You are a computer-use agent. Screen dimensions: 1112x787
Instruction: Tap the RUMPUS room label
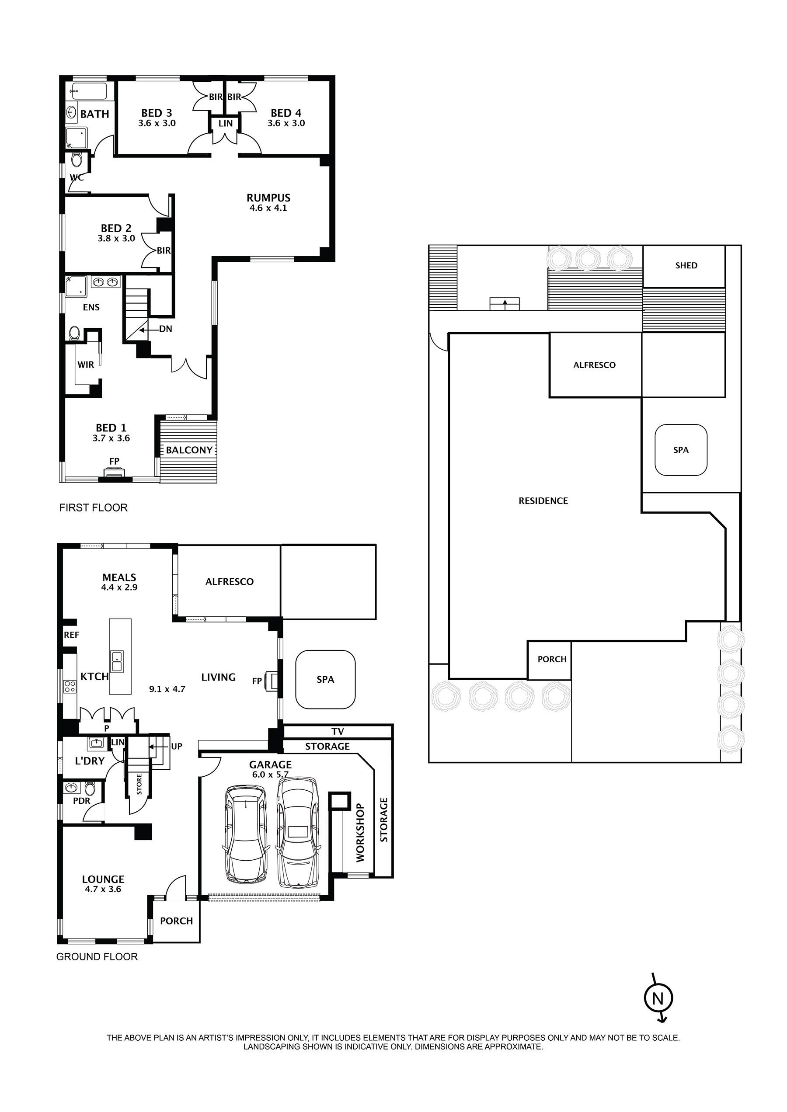268,198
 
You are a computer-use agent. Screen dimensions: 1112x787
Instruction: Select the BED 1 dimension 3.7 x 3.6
111,438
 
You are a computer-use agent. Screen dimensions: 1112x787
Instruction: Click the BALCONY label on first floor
189,450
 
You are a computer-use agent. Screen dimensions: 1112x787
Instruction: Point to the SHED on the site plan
686,265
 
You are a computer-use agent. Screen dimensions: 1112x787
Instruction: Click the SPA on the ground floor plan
325,679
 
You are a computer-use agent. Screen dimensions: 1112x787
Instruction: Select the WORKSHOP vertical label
360,832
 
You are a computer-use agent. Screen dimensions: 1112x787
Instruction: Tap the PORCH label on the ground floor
176,921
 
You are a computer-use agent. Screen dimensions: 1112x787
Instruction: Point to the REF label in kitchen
71,635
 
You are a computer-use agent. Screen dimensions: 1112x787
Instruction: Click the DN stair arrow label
165,329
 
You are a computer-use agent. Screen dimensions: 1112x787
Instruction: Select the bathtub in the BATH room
89,90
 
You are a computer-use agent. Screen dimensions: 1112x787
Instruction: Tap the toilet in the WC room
77,159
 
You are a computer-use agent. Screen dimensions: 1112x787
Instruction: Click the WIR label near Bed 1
85,365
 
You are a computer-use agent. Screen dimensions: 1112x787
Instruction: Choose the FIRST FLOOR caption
93,508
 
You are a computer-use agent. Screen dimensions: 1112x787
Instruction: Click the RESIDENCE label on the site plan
543,501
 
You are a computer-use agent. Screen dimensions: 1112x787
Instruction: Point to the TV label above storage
337,732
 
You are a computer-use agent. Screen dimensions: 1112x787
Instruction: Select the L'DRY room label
90,761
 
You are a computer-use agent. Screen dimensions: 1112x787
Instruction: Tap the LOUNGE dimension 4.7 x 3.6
103,889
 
